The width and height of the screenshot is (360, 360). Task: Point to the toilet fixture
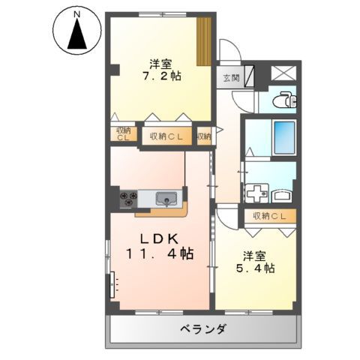pos(283,100)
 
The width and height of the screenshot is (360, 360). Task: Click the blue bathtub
pos(283,136)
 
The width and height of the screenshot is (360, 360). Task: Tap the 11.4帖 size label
pos(158,253)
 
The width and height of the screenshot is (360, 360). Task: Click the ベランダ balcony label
pos(202,328)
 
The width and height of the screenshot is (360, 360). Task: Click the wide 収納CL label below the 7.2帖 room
pos(166,136)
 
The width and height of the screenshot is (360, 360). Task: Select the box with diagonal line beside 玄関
pos(249,76)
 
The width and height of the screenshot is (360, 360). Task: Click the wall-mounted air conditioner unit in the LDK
pos(113,286)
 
